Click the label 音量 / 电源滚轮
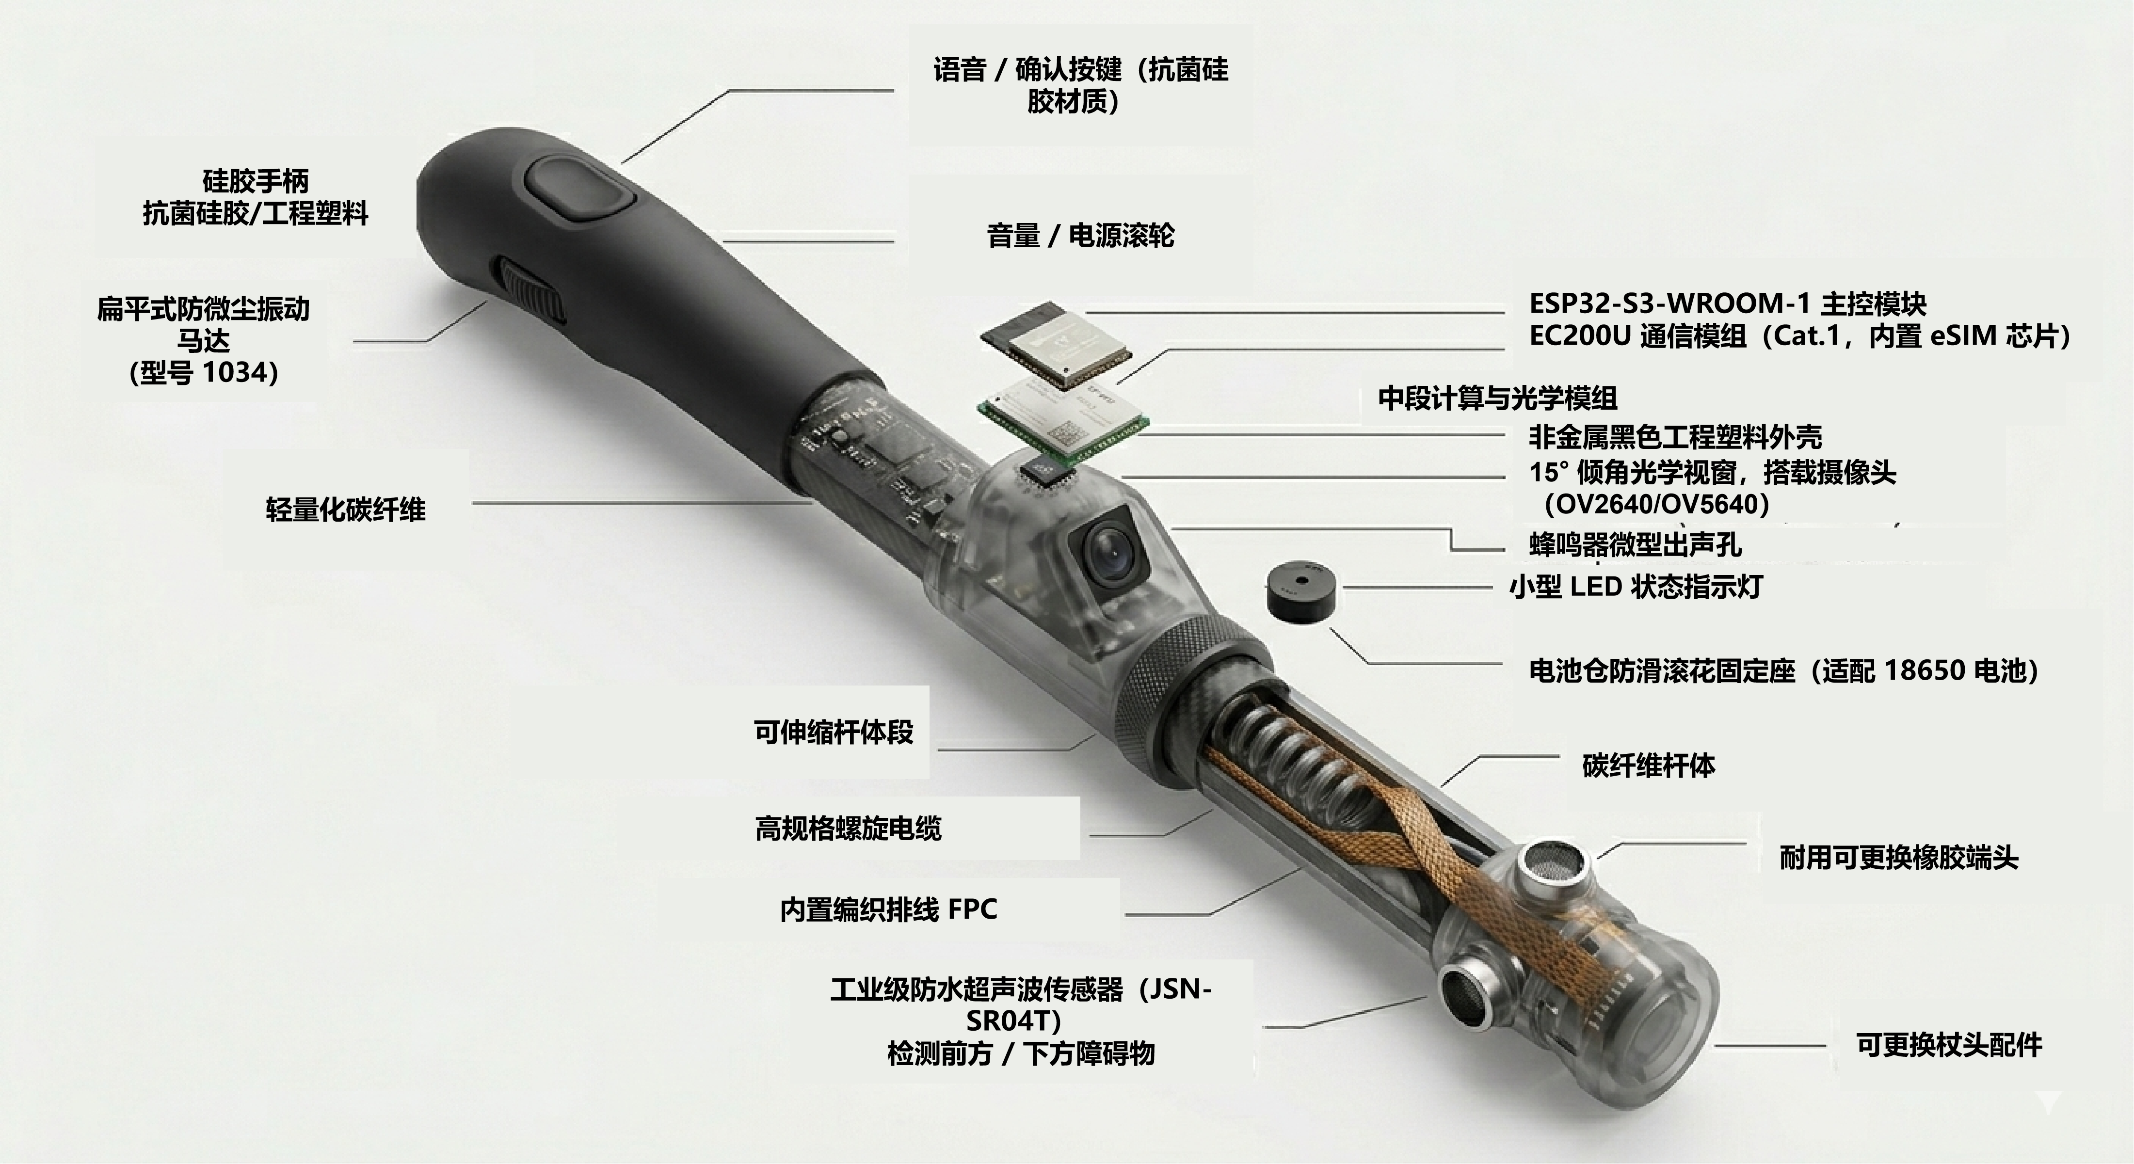(x=1080, y=236)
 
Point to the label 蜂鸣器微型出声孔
(x=1636, y=545)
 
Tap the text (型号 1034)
(x=204, y=373)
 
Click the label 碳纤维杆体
(x=1649, y=765)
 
